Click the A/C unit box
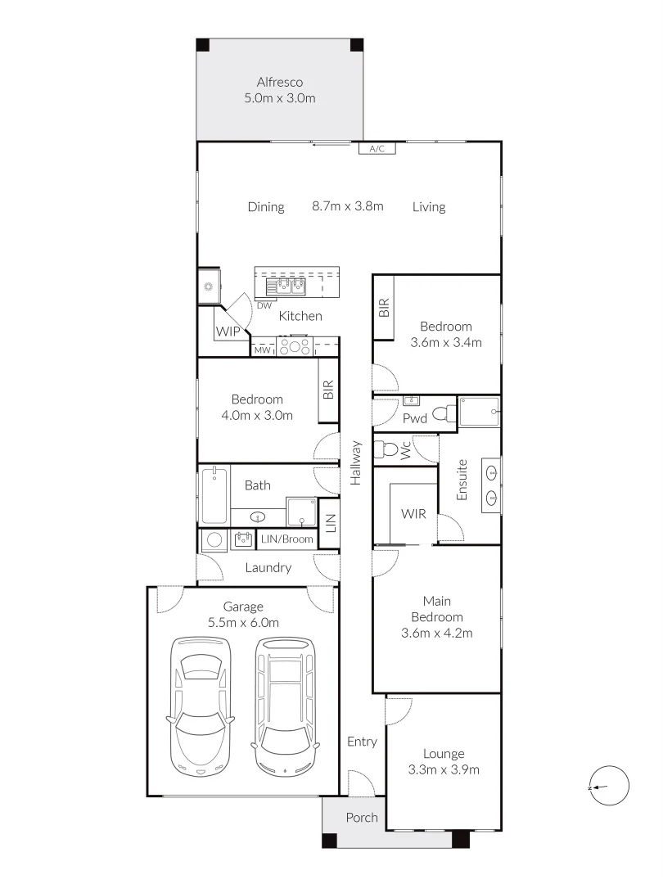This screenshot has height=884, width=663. point(377,148)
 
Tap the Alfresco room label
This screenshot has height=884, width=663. point(280,83)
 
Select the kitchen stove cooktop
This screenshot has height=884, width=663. point(295,346)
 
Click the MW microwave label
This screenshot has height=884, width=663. point(262,350)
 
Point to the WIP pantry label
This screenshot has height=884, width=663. point(228,331)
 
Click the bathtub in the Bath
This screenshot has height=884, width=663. point(214,495)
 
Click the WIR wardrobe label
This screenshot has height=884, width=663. point(413,513)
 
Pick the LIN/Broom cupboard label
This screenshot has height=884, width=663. point(287,539)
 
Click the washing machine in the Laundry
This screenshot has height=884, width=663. point(214,539)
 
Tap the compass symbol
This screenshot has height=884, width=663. point(611,786)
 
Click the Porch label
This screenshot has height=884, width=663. point(362,818)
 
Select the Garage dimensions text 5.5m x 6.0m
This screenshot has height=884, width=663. point(244,623)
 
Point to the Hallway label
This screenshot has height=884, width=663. point(356,462)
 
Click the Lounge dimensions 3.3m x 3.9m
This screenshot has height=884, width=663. point(444,769)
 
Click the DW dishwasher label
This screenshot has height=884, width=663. point(264,305)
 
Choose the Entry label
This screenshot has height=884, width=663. point(362,742)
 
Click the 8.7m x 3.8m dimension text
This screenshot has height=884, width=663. point(348,206)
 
